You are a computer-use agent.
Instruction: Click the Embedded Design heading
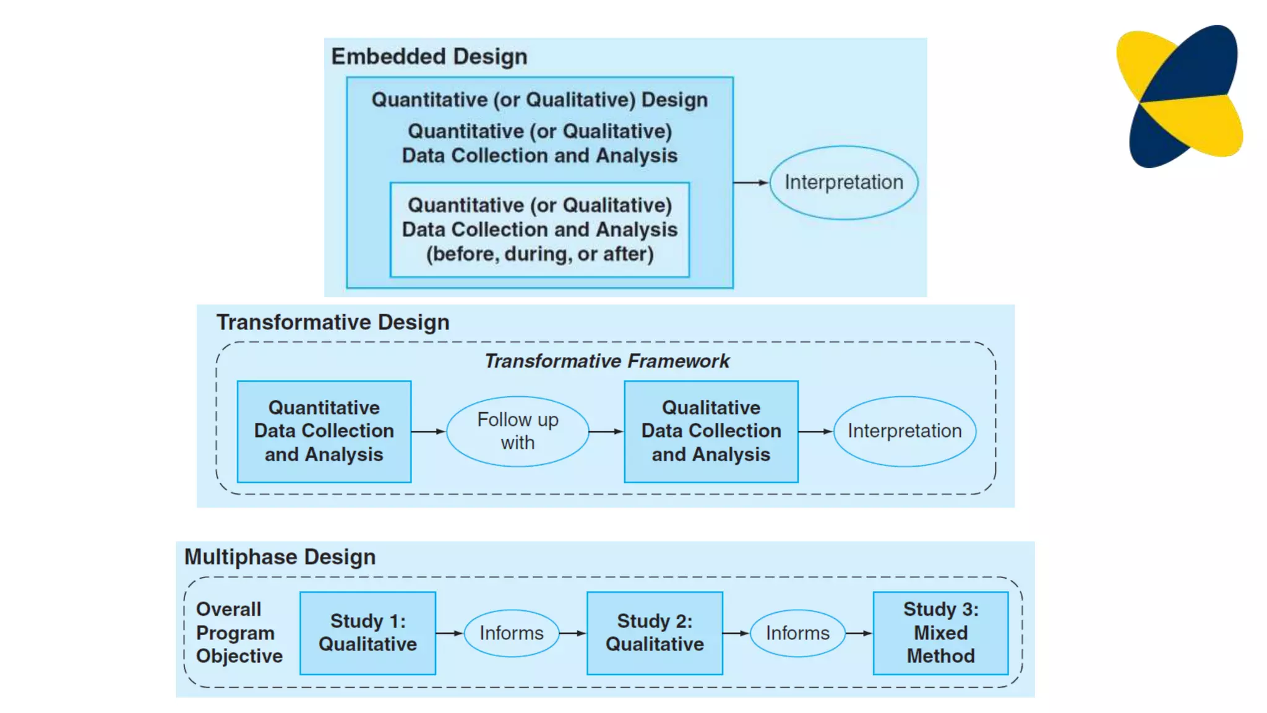point(429,56)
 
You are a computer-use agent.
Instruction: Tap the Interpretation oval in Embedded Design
point(843,183)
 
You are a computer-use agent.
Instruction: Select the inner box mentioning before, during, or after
point(539,230)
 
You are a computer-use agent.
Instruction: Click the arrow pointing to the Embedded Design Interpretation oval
point(750,183)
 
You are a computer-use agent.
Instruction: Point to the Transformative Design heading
point(333,322)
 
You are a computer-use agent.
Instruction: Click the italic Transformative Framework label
point(606,361)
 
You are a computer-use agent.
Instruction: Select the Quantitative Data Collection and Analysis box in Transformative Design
point(324,431)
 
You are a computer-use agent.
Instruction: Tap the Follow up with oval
point(517,431)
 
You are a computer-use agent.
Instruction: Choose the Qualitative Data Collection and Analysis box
point(711,431)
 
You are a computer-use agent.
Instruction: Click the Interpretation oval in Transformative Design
point(904,431)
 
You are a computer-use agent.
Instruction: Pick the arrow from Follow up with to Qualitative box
point(606,431)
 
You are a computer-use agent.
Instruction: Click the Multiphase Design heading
point(280,557)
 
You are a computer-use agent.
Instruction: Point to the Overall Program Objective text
point(239,633)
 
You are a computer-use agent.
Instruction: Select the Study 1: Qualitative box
point(367,633)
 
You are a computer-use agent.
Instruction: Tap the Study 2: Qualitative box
point(655,633)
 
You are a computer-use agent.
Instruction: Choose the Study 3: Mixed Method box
point(940,633)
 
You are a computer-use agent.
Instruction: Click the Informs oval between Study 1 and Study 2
point(511,633)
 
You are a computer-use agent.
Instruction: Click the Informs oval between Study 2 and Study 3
point(797,633)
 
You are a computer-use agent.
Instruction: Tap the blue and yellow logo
point(1179,96)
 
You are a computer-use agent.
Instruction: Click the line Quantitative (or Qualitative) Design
point(539,100)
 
